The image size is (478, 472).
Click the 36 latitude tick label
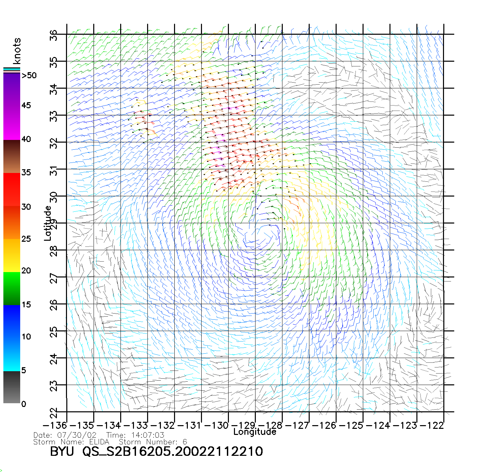pos(54,35)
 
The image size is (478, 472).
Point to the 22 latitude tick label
pos(54,413)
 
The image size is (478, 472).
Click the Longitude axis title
pos(255,432)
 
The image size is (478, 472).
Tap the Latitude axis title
pos(48,223)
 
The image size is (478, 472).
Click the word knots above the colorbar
pos(17,51)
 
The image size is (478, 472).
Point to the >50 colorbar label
pos(29,76)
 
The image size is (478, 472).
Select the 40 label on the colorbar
pos(26,139)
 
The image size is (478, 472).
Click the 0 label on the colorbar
pos(24,404)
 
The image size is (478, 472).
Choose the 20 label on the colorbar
pos(26,270)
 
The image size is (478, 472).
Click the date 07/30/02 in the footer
pos(77,435)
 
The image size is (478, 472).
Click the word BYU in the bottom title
pos(62,451)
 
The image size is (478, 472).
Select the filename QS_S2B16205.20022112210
pos(173,451)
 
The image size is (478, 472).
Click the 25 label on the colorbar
pos(26,239)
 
